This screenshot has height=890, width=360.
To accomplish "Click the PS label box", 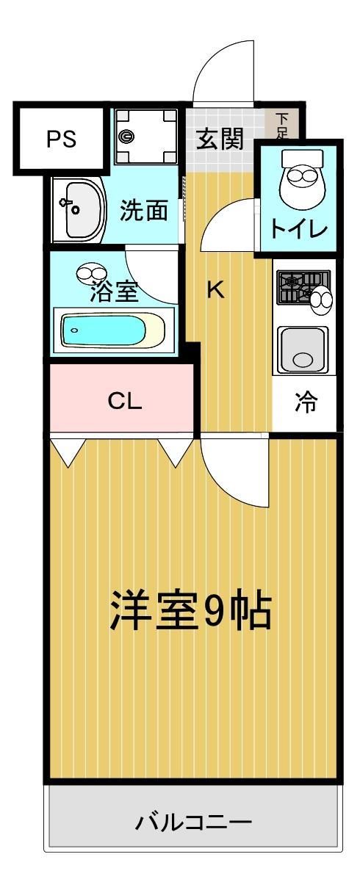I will (62, 140).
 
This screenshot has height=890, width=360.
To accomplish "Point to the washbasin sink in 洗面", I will (79, 209).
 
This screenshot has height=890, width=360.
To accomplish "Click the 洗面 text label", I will (143, 210).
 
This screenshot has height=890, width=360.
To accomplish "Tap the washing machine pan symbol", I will (145, 136).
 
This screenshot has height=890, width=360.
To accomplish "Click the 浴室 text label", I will (114, 291).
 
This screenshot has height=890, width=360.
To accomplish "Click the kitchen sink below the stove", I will (303, 350).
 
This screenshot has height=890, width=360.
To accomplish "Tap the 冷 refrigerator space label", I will (305, 402).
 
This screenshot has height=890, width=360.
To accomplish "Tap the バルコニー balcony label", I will (193, 821).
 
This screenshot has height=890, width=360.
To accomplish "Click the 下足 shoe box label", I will (282, 125).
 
